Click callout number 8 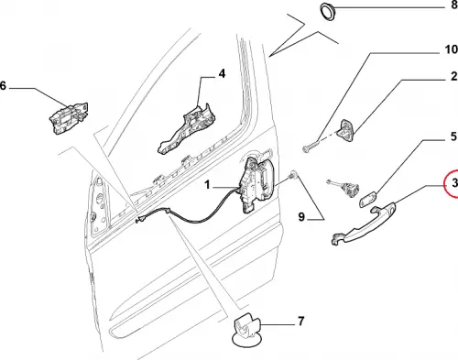(x=454, y=5)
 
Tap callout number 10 (x=452, y=49)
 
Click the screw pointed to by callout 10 (x=310, y=147)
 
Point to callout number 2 (x=454, y=76)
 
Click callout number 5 (x=454, y=136)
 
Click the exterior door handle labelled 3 (x=364, y=225)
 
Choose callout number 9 (x=301, y=217)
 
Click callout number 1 (x=207, y=185)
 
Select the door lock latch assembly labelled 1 (x=256, y=183)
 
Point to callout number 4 (x=222, y=73)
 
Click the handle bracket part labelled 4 (x=186, y=128)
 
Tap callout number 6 (x=3, y=86)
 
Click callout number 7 (x=300, y=322)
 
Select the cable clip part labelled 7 (x=245, y=330)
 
